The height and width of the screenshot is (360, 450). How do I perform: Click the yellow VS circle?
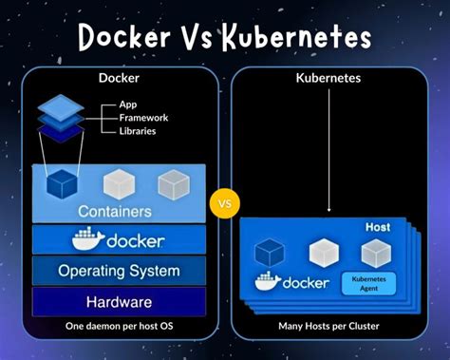(225, 203)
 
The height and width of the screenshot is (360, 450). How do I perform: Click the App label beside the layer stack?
(129, 104)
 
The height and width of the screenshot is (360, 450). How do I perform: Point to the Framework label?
(144, 118)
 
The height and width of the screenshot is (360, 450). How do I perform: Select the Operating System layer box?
(119, 271)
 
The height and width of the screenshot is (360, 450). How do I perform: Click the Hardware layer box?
(119, 302)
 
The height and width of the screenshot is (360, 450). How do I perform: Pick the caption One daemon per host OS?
(119, 327)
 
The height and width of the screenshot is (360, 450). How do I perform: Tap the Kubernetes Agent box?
(367, 283)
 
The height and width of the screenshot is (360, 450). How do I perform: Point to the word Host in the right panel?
(378, 228)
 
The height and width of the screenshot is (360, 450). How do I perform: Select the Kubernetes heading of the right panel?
(330, 80)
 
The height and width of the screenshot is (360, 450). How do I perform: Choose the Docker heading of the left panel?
(120, 80)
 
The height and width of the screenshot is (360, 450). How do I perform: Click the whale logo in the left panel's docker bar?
(88, 239)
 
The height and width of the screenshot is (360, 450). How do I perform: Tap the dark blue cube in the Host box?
(272, 252)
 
